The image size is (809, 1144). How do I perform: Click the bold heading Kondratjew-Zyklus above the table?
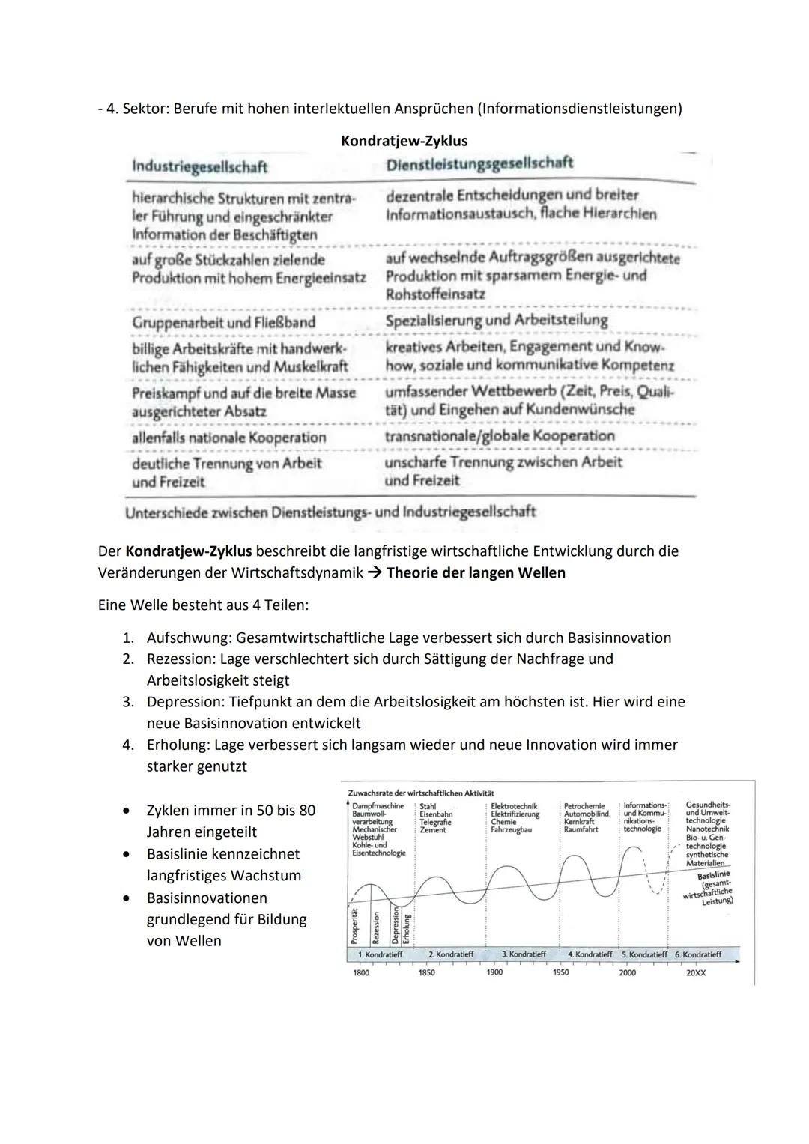pos(404,141)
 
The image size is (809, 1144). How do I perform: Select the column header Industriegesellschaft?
pos(199,166)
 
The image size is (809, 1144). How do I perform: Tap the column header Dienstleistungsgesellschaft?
pos(479,163)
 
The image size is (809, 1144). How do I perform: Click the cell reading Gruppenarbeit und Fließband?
pos(223,322)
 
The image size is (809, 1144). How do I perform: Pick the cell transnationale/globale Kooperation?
pos(499,435)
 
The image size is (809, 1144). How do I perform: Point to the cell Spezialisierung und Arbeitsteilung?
pos(496,320)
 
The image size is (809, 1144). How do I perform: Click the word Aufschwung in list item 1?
pos(187,638)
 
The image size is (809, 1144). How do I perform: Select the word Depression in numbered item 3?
pos(184,702)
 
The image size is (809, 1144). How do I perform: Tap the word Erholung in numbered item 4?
pos(177,745)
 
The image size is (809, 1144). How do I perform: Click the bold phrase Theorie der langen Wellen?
pos(476,572)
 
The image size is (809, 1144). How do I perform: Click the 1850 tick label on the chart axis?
pos(426,972)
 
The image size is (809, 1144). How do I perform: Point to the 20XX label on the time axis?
pos(695,972)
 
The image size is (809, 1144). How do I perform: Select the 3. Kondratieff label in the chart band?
pos(523,954)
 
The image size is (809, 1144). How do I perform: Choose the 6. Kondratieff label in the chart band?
pos(698,954)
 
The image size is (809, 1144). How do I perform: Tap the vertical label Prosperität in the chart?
pos(354,927)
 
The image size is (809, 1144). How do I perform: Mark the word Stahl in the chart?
pos(428,806)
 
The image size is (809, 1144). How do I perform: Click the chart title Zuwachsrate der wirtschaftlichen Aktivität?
pos(421,793)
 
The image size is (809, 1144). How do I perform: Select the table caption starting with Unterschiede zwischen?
pos(330,512)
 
